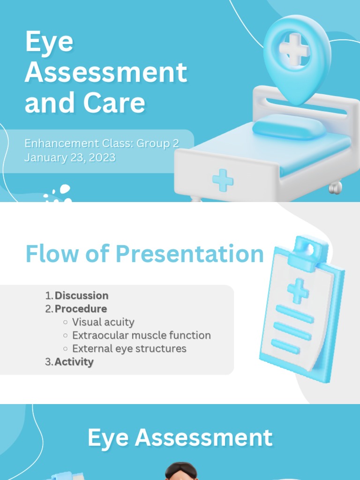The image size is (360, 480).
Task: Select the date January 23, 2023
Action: [70, 157]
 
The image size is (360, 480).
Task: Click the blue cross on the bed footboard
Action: [223, 180]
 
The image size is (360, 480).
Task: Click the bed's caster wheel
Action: [335, 187]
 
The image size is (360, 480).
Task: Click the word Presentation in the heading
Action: [190, 254]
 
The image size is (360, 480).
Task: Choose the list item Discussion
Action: [82, 296]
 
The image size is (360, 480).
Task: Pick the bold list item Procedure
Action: [81, 309]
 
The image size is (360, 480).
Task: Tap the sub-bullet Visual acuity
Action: [103, 322]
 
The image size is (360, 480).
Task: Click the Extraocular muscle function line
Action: [141, 336]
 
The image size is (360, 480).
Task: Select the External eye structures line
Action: [129, 349]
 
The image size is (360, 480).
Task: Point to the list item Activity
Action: [74, 362]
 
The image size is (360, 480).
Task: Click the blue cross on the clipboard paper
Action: [298, 290]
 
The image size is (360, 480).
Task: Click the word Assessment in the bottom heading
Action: [203, 438]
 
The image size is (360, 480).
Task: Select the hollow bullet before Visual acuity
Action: [65, 322]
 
